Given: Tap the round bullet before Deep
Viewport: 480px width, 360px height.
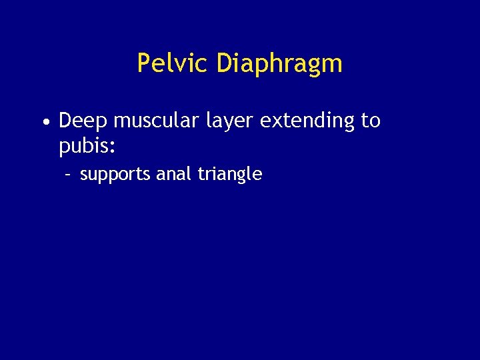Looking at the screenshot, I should pos(44,123).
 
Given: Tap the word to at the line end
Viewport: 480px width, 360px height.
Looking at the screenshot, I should pos(371,121).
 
